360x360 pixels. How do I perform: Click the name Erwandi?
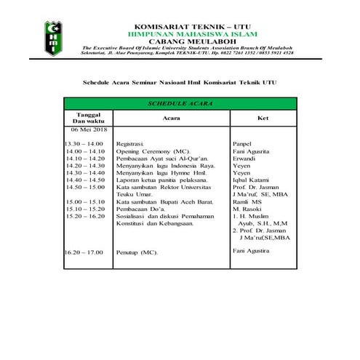click(x=244, y=159)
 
